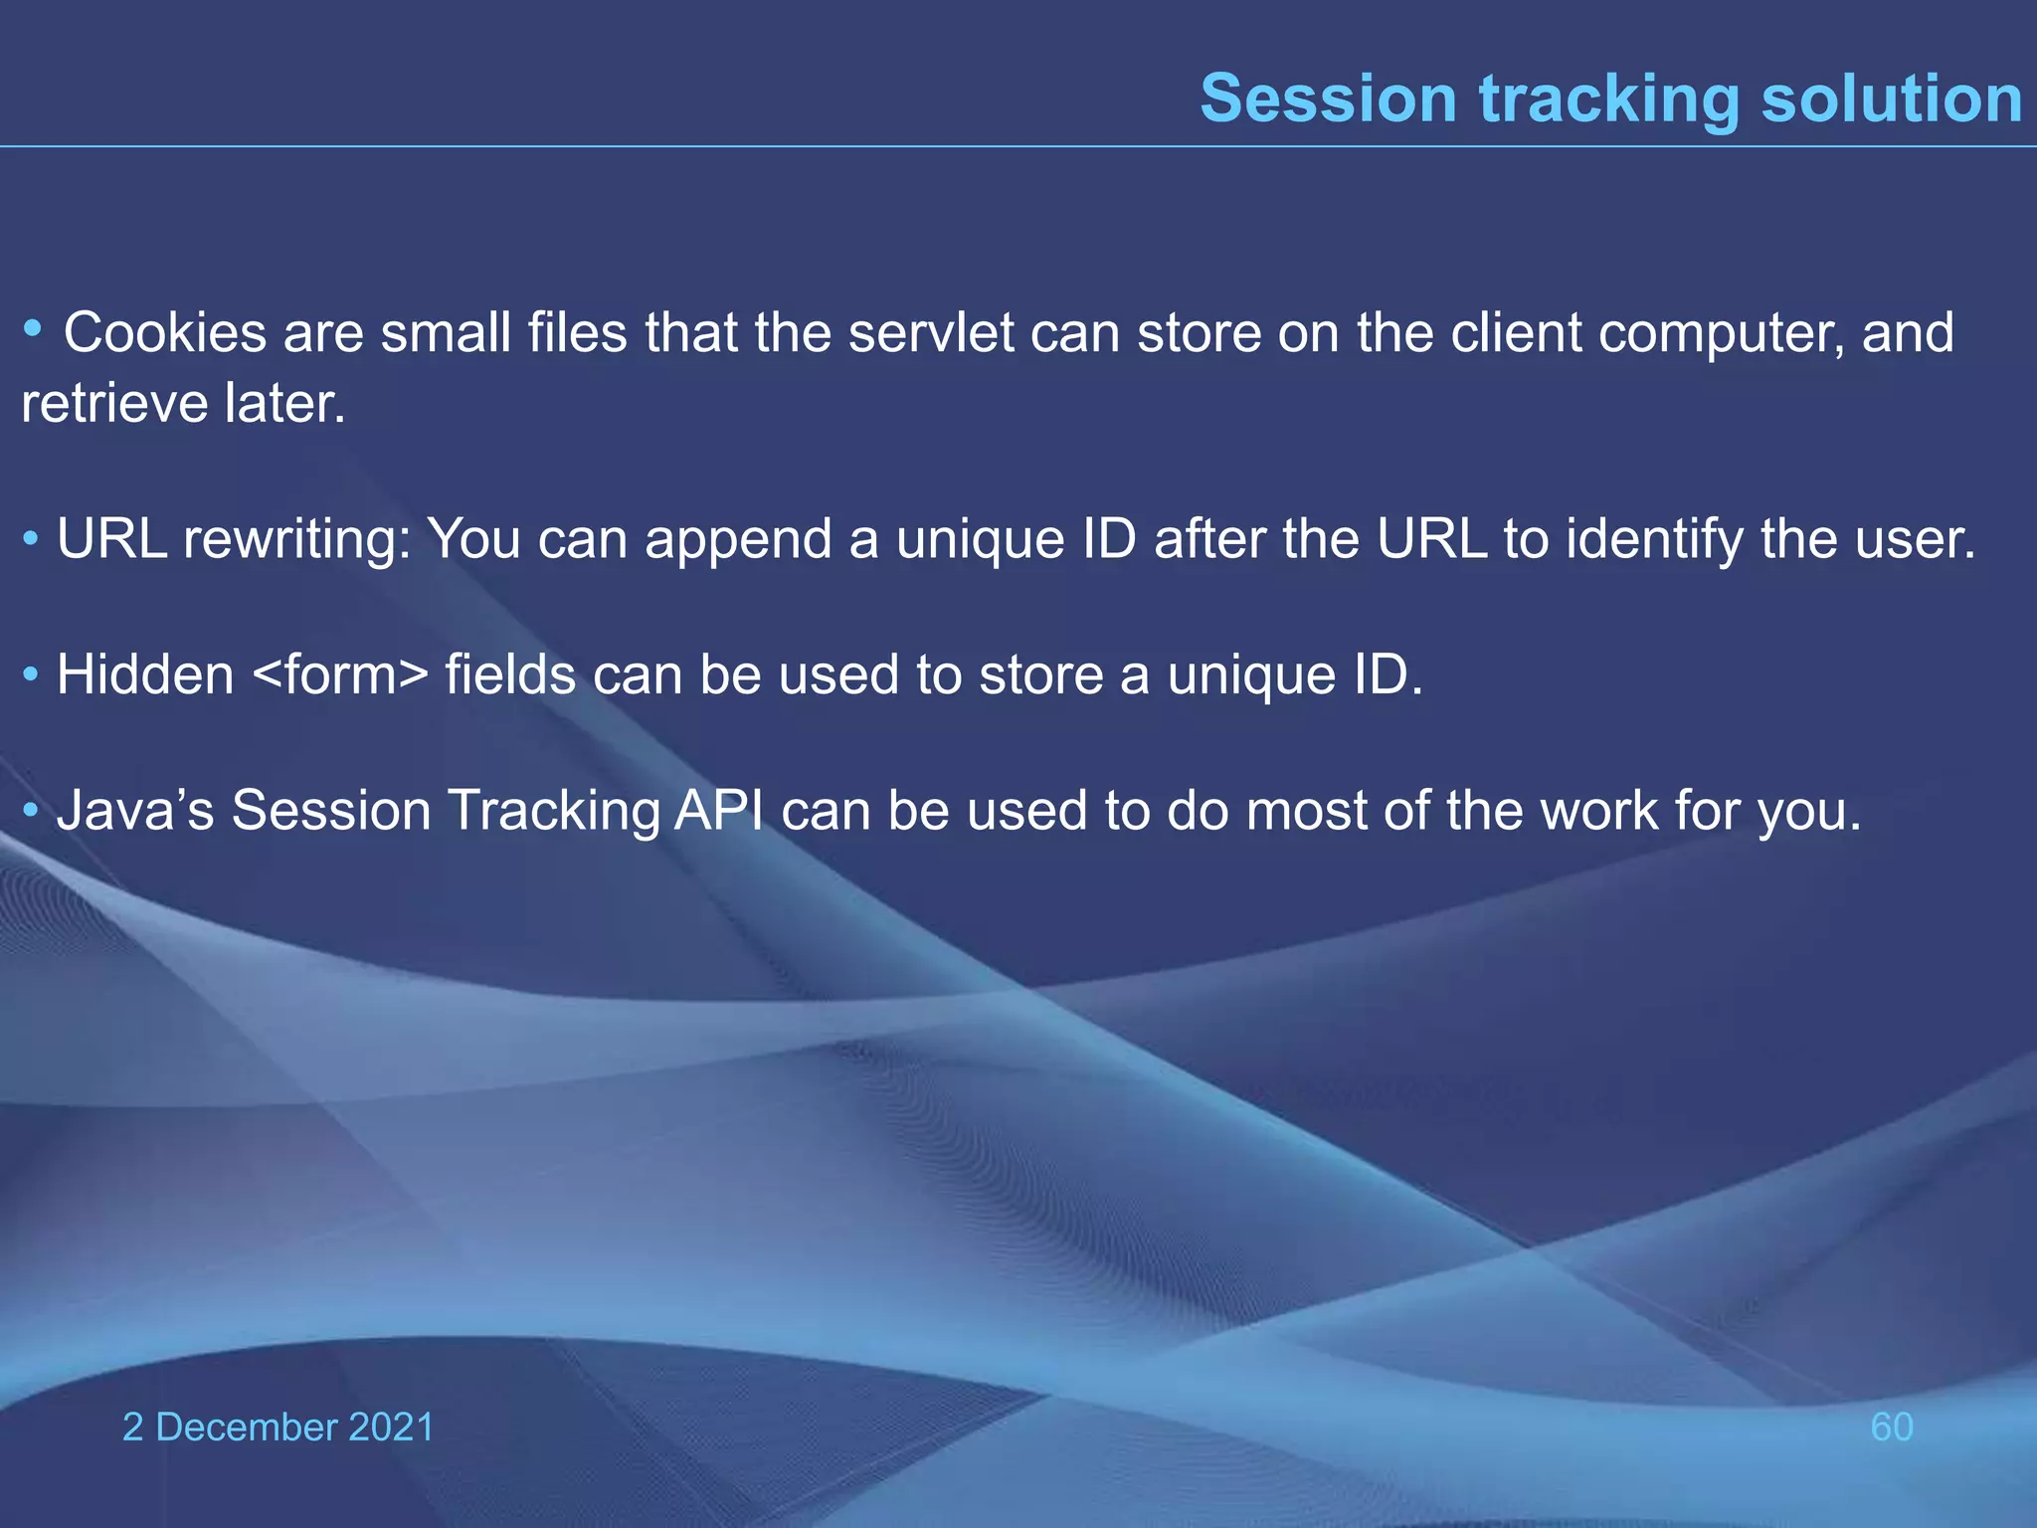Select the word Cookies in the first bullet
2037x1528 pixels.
point(165,332)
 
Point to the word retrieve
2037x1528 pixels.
point(114,404)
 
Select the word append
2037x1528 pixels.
point(737,540)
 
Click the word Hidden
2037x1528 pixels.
point(145,675)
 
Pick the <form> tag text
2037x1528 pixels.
point(340,675)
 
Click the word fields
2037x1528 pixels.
point(510,675)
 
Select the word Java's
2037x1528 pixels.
point(135,811)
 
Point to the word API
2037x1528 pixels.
point(719,811)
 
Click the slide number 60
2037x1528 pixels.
point(1891,1428)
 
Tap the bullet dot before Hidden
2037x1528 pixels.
point(31,676)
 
